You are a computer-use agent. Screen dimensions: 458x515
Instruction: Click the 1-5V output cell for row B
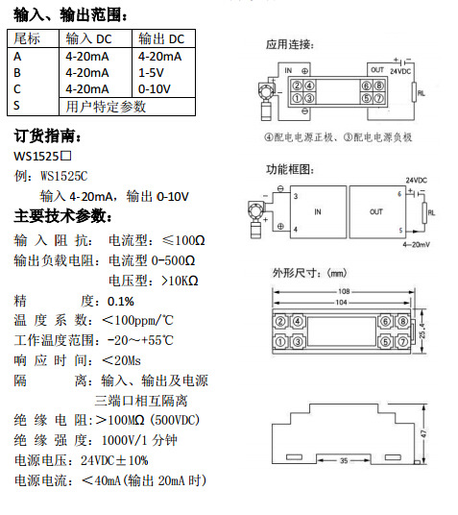(x=151, y=73)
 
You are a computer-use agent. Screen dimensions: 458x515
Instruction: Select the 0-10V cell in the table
(x=155, y=89)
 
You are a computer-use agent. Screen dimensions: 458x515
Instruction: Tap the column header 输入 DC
(x=88, y=38)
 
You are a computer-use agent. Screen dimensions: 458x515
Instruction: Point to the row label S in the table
(x=16, y=106)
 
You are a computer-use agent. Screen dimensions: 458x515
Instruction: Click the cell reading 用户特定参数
(x=106, y=107)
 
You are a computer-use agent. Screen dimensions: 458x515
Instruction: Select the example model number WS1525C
(x=64, y=176)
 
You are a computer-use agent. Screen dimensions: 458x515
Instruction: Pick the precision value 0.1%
(x=121, y=301)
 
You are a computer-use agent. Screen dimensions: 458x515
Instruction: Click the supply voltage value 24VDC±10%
(x=114, y=460)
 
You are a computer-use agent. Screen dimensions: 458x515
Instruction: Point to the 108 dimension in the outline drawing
(x=344, y=291)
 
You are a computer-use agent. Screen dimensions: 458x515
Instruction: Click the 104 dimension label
(x=342, y=302)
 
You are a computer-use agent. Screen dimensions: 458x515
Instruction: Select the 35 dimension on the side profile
(x=344, y=460)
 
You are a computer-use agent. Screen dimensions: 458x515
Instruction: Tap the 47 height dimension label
(x=423, y=433)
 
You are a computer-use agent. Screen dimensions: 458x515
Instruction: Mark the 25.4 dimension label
(x=422, y=331)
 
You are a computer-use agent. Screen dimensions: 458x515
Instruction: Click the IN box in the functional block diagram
(x=318, y=211)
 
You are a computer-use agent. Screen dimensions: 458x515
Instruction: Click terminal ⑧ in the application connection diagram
(x=379, y=86)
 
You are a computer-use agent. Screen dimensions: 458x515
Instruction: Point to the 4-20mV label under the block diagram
(x=417, y=245)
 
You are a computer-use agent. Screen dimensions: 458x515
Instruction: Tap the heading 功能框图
(x=290, y=169)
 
